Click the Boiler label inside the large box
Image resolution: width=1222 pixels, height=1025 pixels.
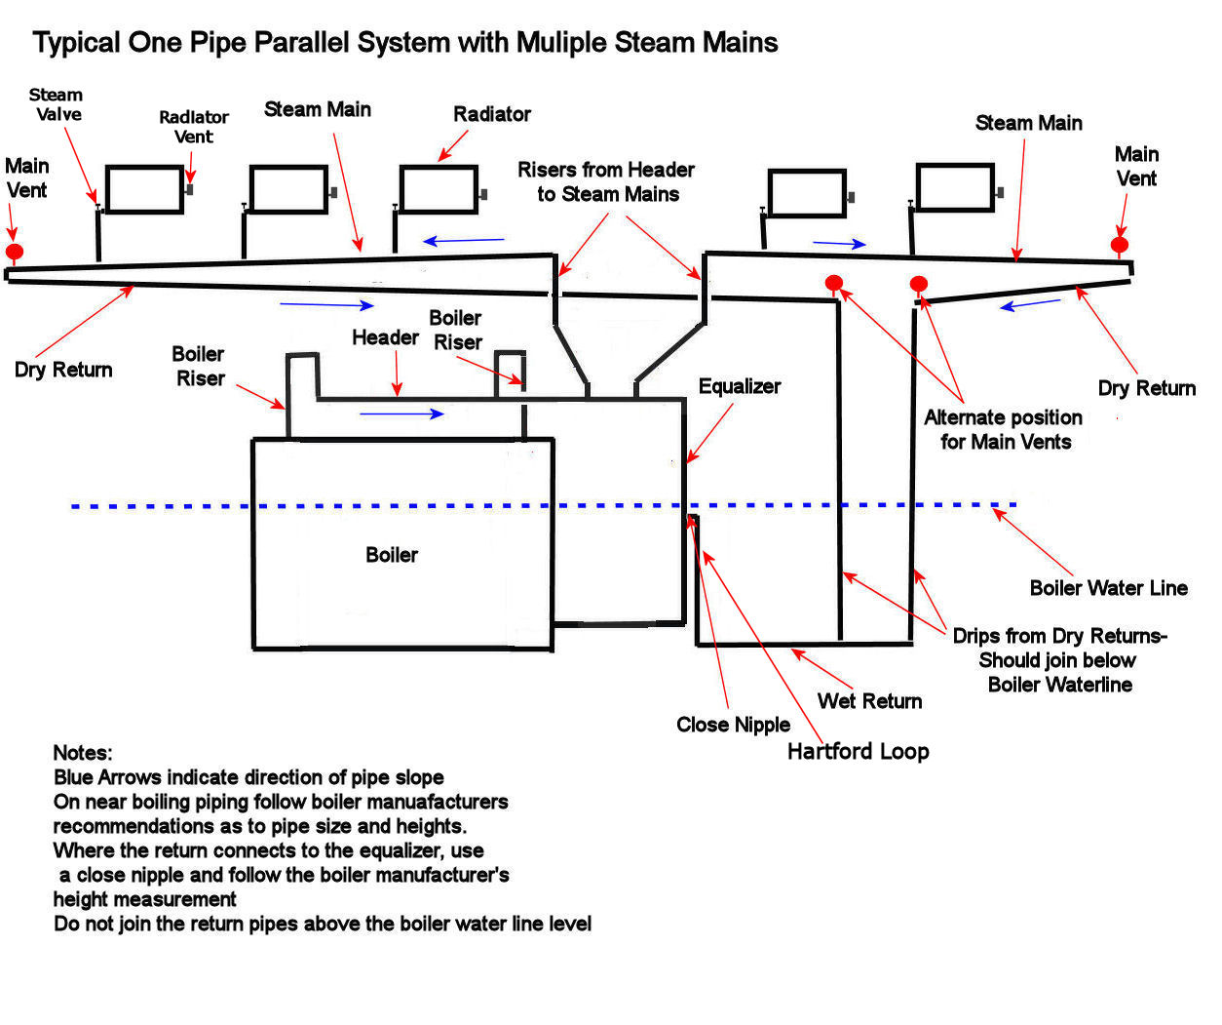tap(391, 555)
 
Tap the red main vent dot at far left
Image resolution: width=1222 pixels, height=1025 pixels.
tap(14, 252)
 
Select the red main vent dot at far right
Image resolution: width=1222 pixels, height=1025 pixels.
tap(1120, 244)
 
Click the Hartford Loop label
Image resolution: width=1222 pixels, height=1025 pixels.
tap(858, 751)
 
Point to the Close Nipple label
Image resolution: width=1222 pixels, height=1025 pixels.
tap(733, 725)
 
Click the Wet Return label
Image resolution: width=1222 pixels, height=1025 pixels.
tap(869, 700)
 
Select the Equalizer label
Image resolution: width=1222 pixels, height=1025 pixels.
tap(739, 386)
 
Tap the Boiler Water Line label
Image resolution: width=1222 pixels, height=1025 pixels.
tap(1108, 588)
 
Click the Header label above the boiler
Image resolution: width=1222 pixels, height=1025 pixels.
tap(385, 337)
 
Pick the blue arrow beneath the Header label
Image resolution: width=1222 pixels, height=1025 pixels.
tap(401, 414)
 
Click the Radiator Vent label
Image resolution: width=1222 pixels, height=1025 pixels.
tap(194, 127)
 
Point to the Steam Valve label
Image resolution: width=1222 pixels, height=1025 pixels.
tap(57, 104)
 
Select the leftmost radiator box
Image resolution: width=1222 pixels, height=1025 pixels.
tap(144, 189)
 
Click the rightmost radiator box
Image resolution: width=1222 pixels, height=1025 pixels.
tap(955, 187)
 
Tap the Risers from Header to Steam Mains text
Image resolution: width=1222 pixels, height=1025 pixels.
tap(606, 181)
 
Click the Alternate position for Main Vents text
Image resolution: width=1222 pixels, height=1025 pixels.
tap(1004, 429)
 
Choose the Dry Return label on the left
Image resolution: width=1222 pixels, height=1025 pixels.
tap(63, 370)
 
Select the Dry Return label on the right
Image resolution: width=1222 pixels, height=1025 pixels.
tap(1146, 388)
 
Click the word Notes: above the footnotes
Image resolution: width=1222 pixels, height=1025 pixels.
tap(83, 753)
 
